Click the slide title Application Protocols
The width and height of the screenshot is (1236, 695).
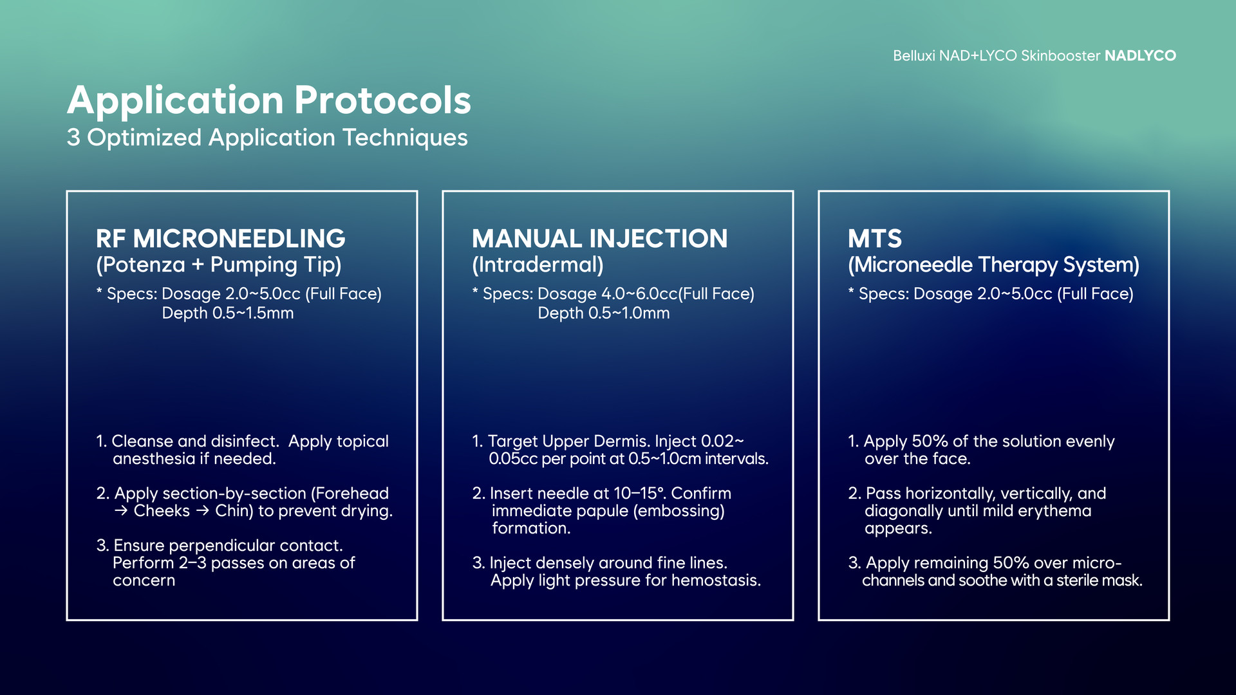269,101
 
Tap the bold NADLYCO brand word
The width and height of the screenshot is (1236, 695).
1140,56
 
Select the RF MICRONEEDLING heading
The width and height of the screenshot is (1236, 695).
221,239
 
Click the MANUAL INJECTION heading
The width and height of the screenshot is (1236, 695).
600,239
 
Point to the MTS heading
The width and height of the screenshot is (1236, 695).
875,239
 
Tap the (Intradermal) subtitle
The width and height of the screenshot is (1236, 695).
538,265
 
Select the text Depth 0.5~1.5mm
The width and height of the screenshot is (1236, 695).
228,313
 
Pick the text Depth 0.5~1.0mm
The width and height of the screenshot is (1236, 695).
604,313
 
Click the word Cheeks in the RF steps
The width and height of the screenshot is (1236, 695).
162,511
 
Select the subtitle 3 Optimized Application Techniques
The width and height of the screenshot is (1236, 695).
267,138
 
